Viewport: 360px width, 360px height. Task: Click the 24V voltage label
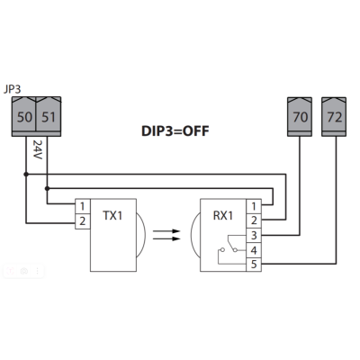(x=37, y=148)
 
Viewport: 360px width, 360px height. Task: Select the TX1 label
(x=112, y=219)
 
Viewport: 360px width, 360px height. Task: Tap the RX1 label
(x=221, y=219)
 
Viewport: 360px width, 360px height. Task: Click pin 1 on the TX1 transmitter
(x=82, y=206)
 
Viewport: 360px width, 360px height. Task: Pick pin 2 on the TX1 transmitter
(x=82, y=220)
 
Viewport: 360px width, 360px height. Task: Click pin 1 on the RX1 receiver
(x=255, y=206)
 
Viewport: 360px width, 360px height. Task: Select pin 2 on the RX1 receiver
(x=255, y=220)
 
